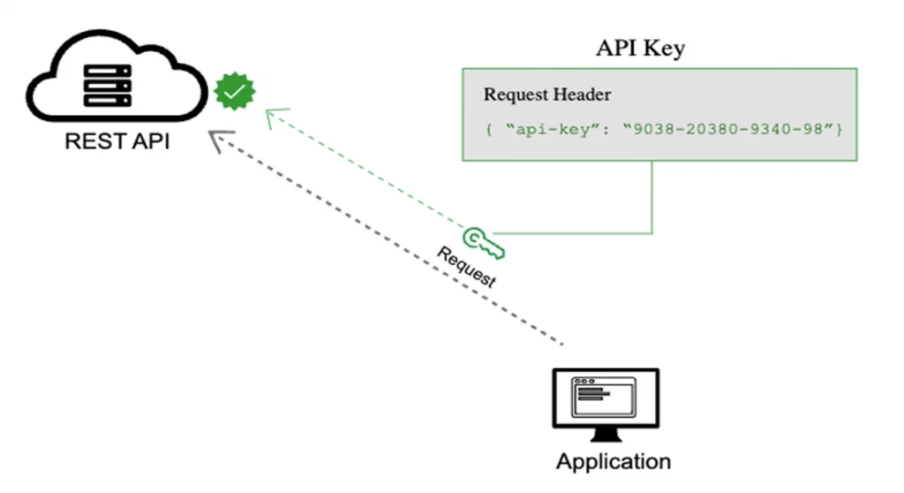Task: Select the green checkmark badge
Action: click(x=234, y=91)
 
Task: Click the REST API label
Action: click(x=117, y=141)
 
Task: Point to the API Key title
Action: click(x=640, y=48)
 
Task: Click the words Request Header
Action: click(x=546, y=95)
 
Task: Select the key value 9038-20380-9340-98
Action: click(x=727, y=129)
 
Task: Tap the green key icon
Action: click(x=483, y=243)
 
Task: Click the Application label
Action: click(x=613, y=461)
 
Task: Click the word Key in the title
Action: click(x=666, y=48)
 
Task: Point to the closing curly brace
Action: click(x=840, y=129)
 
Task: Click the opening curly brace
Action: click(x=488, y=129)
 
